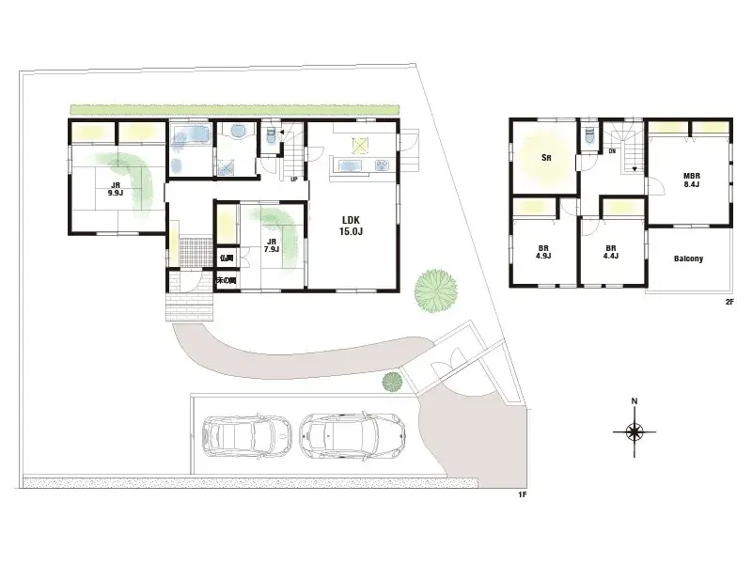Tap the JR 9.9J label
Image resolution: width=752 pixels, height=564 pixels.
(116, 188)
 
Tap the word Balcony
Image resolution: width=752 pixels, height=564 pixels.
(688, 258)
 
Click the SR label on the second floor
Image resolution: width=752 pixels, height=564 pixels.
(544, 158)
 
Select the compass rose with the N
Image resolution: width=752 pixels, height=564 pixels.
(634, 431)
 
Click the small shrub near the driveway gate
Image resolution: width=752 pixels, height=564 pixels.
(392, 381)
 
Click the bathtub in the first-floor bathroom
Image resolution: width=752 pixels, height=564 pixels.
(190, 137)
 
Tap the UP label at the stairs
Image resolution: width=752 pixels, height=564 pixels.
(294, 179)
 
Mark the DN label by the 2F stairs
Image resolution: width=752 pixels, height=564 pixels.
(612, 151)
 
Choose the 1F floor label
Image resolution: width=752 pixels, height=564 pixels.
(521, 494)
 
